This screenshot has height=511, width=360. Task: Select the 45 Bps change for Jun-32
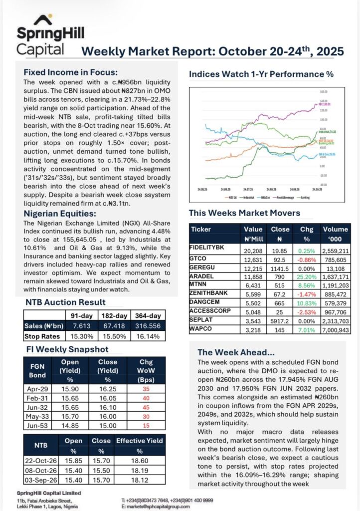point(146,408)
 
